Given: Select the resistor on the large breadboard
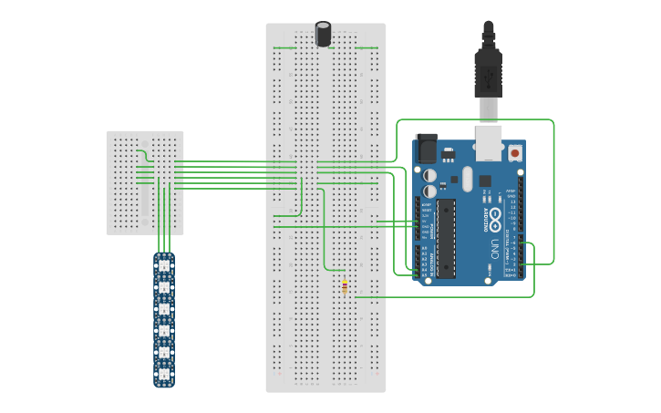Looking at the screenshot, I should click(344, 288).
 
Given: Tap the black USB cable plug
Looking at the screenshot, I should click(488, 68).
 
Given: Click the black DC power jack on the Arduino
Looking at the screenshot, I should click(425, 149).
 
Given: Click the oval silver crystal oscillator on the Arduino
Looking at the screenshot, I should click(468, 179).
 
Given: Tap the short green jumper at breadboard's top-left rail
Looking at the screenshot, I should click(284, 47).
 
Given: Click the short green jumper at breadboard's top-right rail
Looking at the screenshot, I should click(367, 47).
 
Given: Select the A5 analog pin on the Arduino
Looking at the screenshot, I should click(421, 275).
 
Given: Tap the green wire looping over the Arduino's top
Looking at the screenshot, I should click(474, 119).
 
